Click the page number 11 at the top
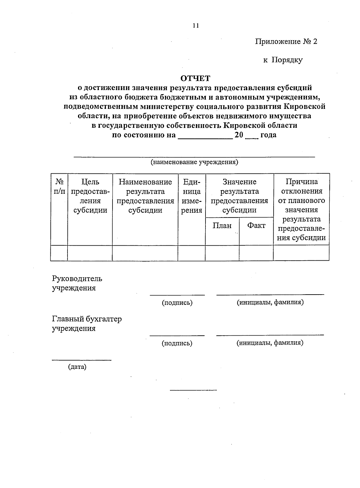pyautogui.click(x=196, y=25)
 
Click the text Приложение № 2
pyautogui.click(x=286, y=41)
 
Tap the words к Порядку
pyautogui.click(x=283, y=60)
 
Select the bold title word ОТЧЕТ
pyautogui.click(x=195, y=78)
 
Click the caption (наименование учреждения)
pyautogui.click(x=194, y=162)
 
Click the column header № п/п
pyautogui.click(x=59, y=186)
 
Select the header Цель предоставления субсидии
pyautogui.click(x=90, y=196)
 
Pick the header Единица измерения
pyautogui.click(x=192, y=196)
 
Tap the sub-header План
pyautogui.click(x=222, y=226)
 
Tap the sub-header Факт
pyautogui.click(x=256, y=226)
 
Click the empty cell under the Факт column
pyautogui.click(x=256, y=253)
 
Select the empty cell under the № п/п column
pyautogui.click(x=59, y=253)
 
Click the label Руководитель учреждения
pyautogui.click(x=77, y=283)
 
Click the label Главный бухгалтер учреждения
pyautogui.click(x=87, y=324)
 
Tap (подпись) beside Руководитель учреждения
pyautogui.click(x=177, y=303)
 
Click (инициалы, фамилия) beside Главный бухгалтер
pyautogui.click(x=270, y=343)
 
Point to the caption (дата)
pyautogui.click(x=77, y=367)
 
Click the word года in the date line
pyautogui.click(x=268, y=135)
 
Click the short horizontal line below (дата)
pyautogui.click(x=193, y=390)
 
